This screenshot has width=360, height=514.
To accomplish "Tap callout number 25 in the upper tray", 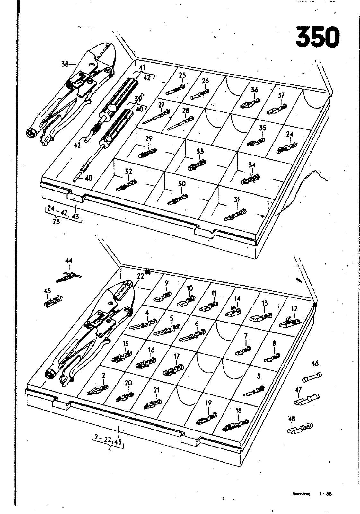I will tap(182, 75).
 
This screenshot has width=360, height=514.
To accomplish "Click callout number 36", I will tap(255, 90).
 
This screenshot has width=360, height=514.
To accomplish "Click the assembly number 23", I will tap(56, 221).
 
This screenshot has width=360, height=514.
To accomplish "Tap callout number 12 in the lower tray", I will tap(294, 309).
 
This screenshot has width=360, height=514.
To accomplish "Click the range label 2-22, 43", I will tap(108, 442).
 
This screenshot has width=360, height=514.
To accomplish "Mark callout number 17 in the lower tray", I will tap(176, 356).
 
